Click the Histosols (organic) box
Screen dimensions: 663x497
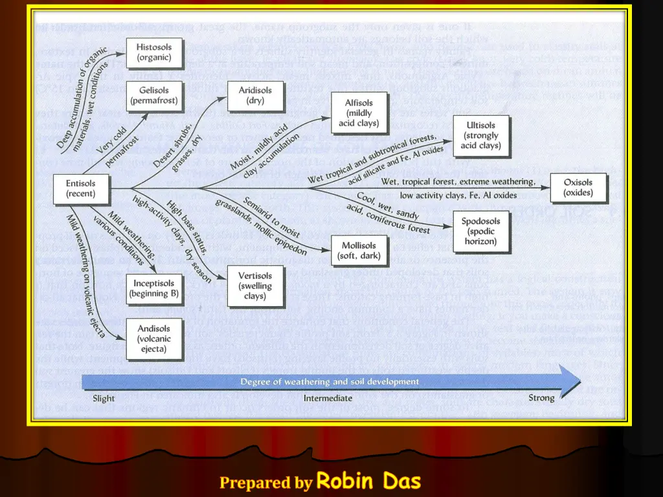[x=154, y=52]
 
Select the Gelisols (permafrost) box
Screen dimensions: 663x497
[x=154, y=96]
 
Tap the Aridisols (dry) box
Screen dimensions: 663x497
[x=255, y=96]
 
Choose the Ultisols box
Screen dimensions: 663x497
[x=482, y=136]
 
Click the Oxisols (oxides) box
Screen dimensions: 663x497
[x=578, y=188]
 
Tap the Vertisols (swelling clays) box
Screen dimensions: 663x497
[x=255, y=285]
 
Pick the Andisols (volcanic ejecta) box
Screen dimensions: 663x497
[x=154, y=338]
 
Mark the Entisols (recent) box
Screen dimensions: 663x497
[x=80, y=188]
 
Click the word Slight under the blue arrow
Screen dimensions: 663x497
[x=104, y=399]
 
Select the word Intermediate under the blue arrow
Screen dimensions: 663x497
[x=328, y=398]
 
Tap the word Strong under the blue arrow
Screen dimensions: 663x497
[x=541, y=398]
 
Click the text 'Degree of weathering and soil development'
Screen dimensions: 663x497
[x=330, y=382]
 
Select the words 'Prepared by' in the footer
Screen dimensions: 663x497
[x=265, y=482]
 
